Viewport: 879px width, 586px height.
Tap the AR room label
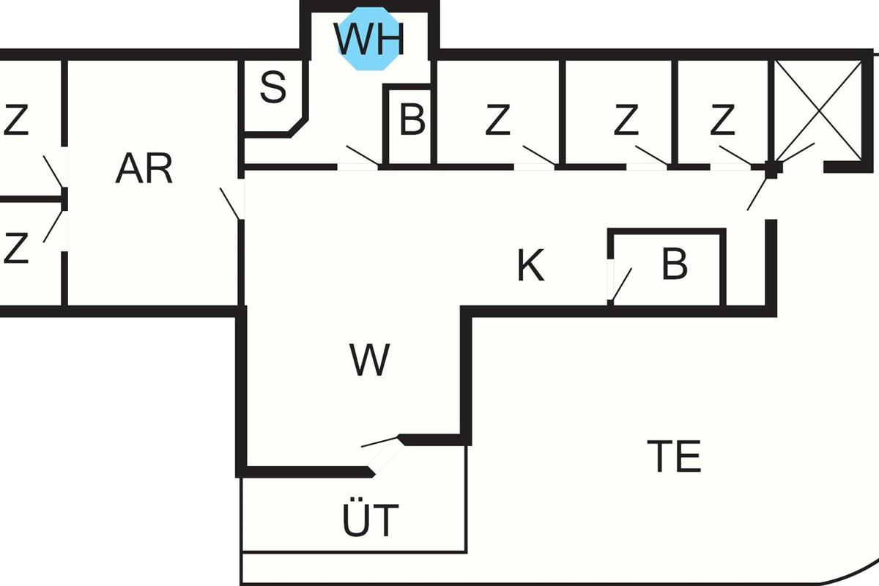[x=144, y=169]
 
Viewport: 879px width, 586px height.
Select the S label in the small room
[x=272, y=88]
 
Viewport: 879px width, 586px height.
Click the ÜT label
[x=371, y=520]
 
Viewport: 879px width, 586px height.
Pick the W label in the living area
[x=369, y=360]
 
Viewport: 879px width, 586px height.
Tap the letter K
[x=530, y=266]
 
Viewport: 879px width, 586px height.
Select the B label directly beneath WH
[x=412, y=121]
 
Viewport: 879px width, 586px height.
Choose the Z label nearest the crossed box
[x=722, y=121]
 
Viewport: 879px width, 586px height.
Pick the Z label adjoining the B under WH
[x=497, y=121]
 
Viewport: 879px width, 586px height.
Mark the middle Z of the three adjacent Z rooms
[x=626, y=121]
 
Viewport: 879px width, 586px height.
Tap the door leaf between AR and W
[x=230, y=204]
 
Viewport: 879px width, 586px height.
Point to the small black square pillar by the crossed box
[x=771, y=168]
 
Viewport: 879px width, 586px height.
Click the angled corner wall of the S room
[x=298, y=126]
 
